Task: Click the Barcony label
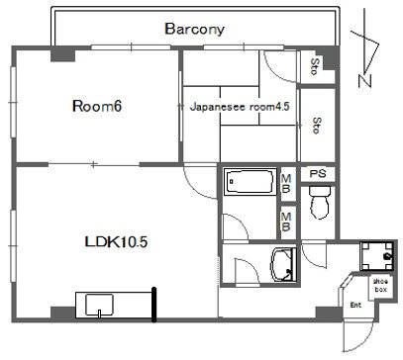coord(194,29)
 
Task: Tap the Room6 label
coord(97,106)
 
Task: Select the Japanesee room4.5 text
coord(240,107)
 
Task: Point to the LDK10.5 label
coord(116,242)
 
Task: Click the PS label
coord(318,173)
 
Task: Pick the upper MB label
coord(286,184)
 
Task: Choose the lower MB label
coord(286,222)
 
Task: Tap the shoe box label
coord(380,286)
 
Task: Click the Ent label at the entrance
coord(355,306)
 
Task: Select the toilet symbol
coord(320,202)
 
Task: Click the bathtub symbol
coord(251,182)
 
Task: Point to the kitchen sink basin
coord(99,305)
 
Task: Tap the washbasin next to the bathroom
coord(283,265)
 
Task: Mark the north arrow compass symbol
coord(365,49)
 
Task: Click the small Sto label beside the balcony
coord(316,66)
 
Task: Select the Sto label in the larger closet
coord(317,126)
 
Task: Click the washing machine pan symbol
coord(376,256)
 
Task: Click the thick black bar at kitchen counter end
coord(153,305)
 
